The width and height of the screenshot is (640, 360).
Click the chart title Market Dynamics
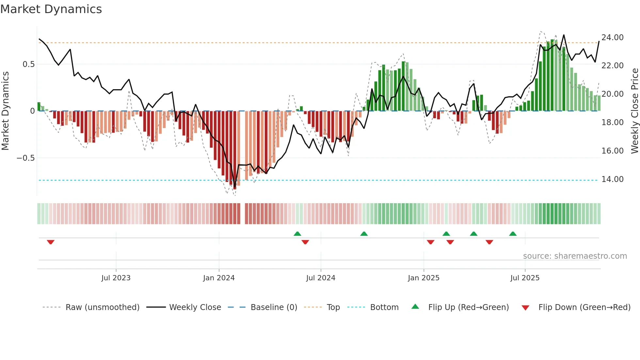coord(51,9)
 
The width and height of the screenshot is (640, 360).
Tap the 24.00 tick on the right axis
coord(612,38)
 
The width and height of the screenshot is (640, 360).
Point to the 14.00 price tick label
coord(612,179)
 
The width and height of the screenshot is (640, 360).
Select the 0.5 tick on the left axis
coord(28,64)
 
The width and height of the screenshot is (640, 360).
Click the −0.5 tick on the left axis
coord(25,158)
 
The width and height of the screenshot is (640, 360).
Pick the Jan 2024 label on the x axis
coord(219,278)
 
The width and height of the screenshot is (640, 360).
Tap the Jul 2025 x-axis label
coord(525,278)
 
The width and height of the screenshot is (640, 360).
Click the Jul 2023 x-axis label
coord(116,278)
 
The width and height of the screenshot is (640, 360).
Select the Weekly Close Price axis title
coord(634,111)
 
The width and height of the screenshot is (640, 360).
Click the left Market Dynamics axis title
coord(5,111)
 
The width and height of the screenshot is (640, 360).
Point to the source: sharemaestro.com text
coord(575,256)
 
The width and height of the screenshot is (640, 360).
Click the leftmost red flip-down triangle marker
coord(51,242)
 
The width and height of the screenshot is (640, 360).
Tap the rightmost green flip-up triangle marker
coord(513,234)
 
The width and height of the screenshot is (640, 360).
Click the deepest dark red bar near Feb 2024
coord(234,150)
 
